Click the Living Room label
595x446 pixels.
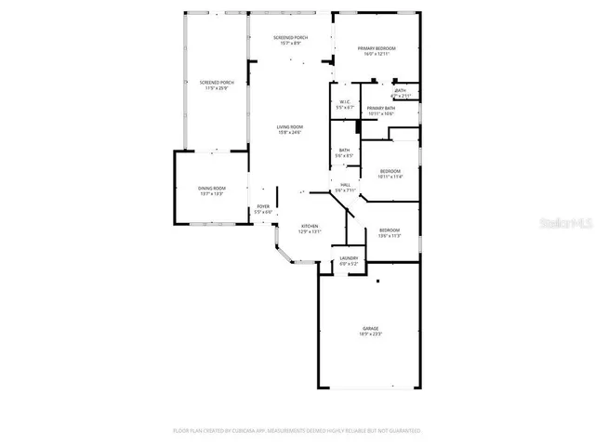click(x=289, y=127)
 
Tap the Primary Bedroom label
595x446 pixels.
click(x=379, y=48)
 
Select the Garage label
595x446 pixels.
click(x=370, y=329)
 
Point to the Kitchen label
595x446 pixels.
click(x=309, y=226)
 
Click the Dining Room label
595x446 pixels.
click(x=211, y=189)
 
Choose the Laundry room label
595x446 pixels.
click(x=349, y=258)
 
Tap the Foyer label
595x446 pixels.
click(x=263, y=206)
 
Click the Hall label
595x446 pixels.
click(x=345, y=186)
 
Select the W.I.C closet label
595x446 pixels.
click(x=344, y=102)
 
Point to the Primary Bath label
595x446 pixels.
click(x=380, y=109)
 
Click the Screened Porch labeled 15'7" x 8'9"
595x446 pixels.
click(x=290, y=38)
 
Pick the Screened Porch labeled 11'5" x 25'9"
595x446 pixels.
click(x=216, y=83)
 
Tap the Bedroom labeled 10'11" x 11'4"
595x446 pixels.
click(x=390, y=171)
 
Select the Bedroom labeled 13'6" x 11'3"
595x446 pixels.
click(x=389, y=230)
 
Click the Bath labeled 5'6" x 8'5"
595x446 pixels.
click(x=344, y=151)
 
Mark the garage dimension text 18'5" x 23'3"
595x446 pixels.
click(x=370, y=334)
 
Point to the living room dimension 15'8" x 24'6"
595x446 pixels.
click(x=289, y=133)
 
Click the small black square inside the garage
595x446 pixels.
click(x=377, y=281)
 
